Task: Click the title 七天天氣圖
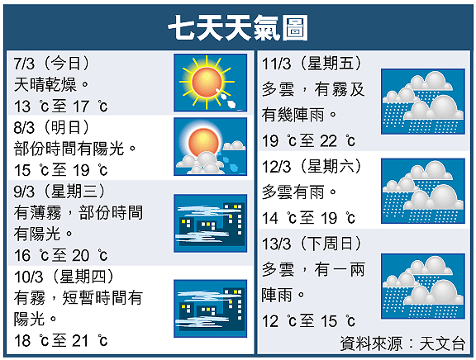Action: point(238,27)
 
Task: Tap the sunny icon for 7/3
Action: point(211,83)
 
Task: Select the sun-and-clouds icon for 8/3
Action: point(211,146)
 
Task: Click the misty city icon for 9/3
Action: point(211,223)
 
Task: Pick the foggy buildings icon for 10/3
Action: point(211,309)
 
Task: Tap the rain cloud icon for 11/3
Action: point(423,102)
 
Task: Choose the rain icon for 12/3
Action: point(423,191)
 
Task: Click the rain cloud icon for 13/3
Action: point(423,287)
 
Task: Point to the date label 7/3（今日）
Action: point(51,64)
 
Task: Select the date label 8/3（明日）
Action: point(51,127)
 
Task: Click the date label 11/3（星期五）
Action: point(312,64)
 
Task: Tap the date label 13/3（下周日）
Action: point(312,244)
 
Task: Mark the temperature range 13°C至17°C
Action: point(60,107)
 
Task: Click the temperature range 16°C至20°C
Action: point(60,255)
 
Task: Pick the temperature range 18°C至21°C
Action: point(60,340)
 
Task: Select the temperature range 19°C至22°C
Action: point(308,140)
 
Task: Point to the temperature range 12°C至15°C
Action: point(308,321)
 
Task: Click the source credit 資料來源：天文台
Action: point(402,343)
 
